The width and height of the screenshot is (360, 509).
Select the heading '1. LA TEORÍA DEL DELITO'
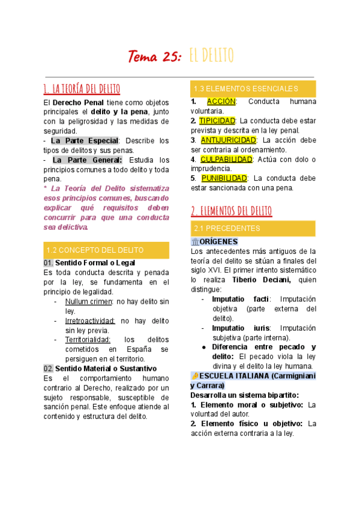point(82,89)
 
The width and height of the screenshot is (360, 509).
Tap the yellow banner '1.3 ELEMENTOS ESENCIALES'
point(252,88)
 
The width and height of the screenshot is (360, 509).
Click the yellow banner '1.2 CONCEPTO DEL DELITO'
point(95,250)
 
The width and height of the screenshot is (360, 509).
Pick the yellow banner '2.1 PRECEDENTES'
point(252,229)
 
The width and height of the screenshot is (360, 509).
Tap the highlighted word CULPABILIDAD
point(226,159)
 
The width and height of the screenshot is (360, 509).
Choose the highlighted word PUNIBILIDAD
point(224,178)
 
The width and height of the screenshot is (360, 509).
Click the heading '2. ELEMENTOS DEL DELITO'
point(231,211)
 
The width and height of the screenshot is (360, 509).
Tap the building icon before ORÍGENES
point(194,241)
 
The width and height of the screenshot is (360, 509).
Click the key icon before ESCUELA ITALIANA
point(194,376)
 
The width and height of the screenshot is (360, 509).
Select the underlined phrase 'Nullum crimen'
point(89,301)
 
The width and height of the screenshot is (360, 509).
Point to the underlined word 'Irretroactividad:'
point(90,321)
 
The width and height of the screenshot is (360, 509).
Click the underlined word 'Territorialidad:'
point(88,340)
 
